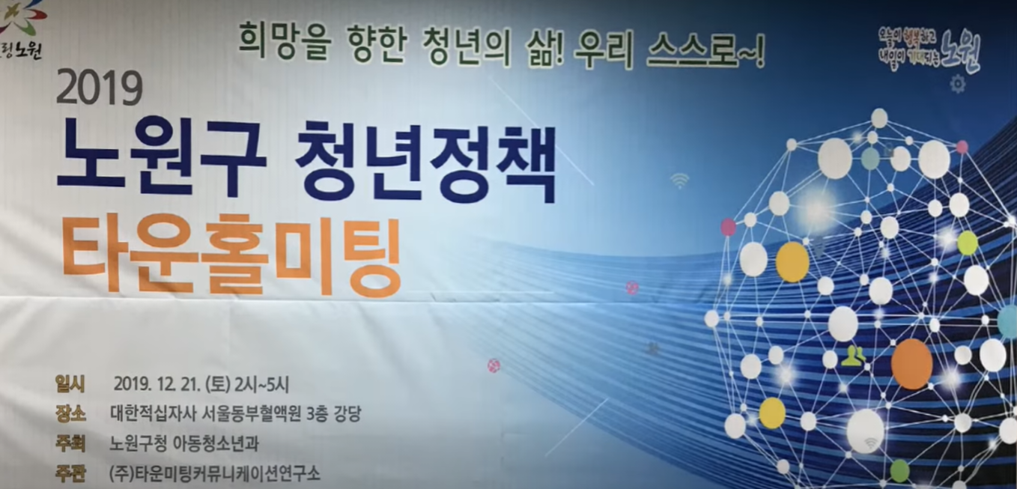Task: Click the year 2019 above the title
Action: [x=99, y=89]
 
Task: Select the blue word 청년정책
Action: [x=425, y=160]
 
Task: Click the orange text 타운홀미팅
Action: [x=231, y=255]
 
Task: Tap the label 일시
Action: [x=70, y=384]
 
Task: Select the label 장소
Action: [x=70, y=413]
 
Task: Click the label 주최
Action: [x=70, y=443]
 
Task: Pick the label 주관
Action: [x=70, y=473]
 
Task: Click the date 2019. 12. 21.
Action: [x=157, y=385]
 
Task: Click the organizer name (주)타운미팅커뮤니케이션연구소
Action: [x=214, y=473]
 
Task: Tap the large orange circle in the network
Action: [x=911, y=364]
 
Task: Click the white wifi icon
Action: [x=679, y=180]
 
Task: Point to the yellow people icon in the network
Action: [x=852, y=356]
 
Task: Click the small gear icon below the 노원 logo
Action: [x=957, y=84]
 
